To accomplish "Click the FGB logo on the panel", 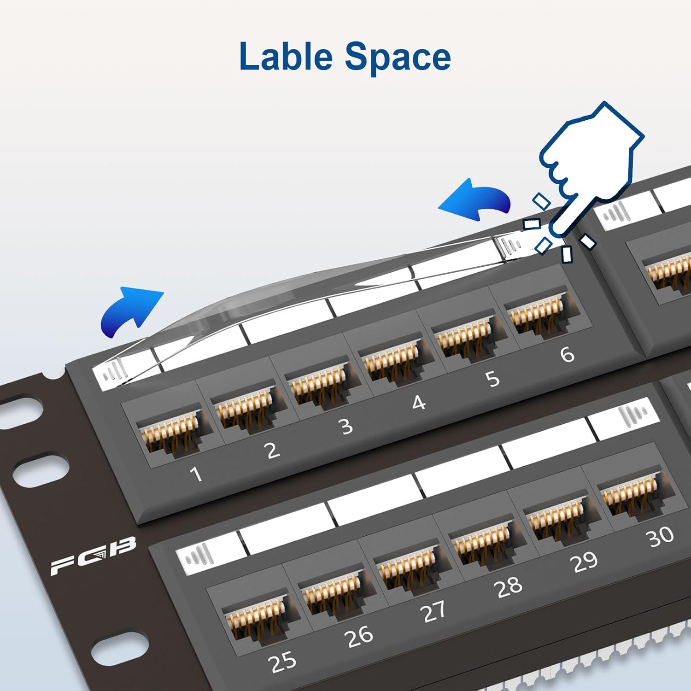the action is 94,555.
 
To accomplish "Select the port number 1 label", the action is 196,474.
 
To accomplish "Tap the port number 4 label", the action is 418,403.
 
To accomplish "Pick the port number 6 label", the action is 567,354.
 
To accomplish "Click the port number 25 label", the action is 282,662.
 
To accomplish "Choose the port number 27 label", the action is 433,611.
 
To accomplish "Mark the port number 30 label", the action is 661,537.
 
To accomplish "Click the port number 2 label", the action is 273,450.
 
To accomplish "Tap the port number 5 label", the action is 492,379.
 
